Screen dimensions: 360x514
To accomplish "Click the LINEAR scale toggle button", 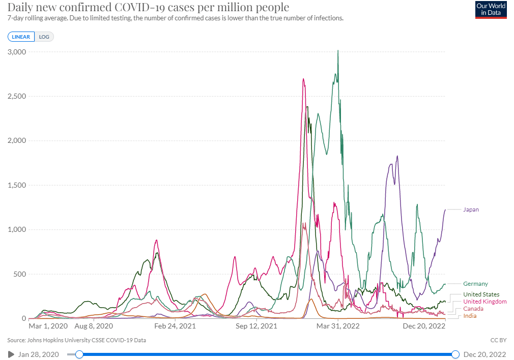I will click(21, 37).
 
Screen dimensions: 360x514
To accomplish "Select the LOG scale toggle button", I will click(44, 37).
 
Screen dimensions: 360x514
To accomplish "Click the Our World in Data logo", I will click(491, 10).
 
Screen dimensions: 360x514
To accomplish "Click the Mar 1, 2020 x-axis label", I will click(48, 326).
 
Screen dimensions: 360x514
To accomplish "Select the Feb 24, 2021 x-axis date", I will click(175, 326).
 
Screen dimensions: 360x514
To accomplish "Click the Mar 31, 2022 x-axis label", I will click(338, 326).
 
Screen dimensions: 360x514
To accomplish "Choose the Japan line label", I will click(471, 209).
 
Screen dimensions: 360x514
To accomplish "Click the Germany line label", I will click(475, 284).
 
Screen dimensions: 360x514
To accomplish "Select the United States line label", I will click(481, 294).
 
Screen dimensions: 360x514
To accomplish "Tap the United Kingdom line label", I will click(484, 302).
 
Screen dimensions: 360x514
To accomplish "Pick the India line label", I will click(470, 316).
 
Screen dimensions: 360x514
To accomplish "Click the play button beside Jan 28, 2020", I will click(11, 354).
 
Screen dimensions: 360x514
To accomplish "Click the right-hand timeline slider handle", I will click(455, 354).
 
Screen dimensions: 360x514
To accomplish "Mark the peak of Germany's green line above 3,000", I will click(338, 50).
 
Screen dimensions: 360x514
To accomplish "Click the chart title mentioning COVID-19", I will click(148, 7).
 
